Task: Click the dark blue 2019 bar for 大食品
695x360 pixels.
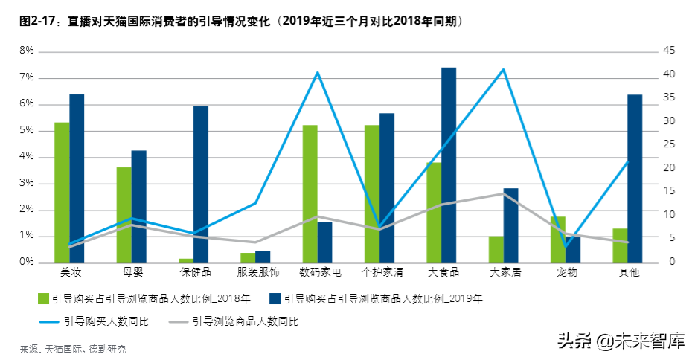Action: (x=449, y=164)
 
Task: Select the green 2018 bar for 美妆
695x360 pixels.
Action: (x=62, y=192)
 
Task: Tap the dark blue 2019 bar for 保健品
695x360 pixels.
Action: (x=201, y=184)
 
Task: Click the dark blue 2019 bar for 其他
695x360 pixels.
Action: (x=635, y=178)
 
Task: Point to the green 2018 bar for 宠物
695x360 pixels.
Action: (x=558, y=239)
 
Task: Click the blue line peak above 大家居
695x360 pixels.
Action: (x=504, y=69)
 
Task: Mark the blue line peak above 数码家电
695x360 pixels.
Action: (x=318, y=72)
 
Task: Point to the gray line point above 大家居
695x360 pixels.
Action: (x=504, y=193)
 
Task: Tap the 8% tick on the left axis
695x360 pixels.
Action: (x=27, y=51)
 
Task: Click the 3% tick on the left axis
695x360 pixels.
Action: (x=27, y=183)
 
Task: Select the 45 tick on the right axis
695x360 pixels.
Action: (x=667, y=51)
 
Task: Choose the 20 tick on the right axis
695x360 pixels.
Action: (x=667, y=168)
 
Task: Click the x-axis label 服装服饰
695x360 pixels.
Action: (x=259, y=272)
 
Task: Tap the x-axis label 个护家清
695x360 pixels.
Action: (x=382, y=272)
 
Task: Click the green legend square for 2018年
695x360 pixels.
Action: (x=44, y=300)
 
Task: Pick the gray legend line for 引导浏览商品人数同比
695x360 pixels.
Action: (x=179, y=322)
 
